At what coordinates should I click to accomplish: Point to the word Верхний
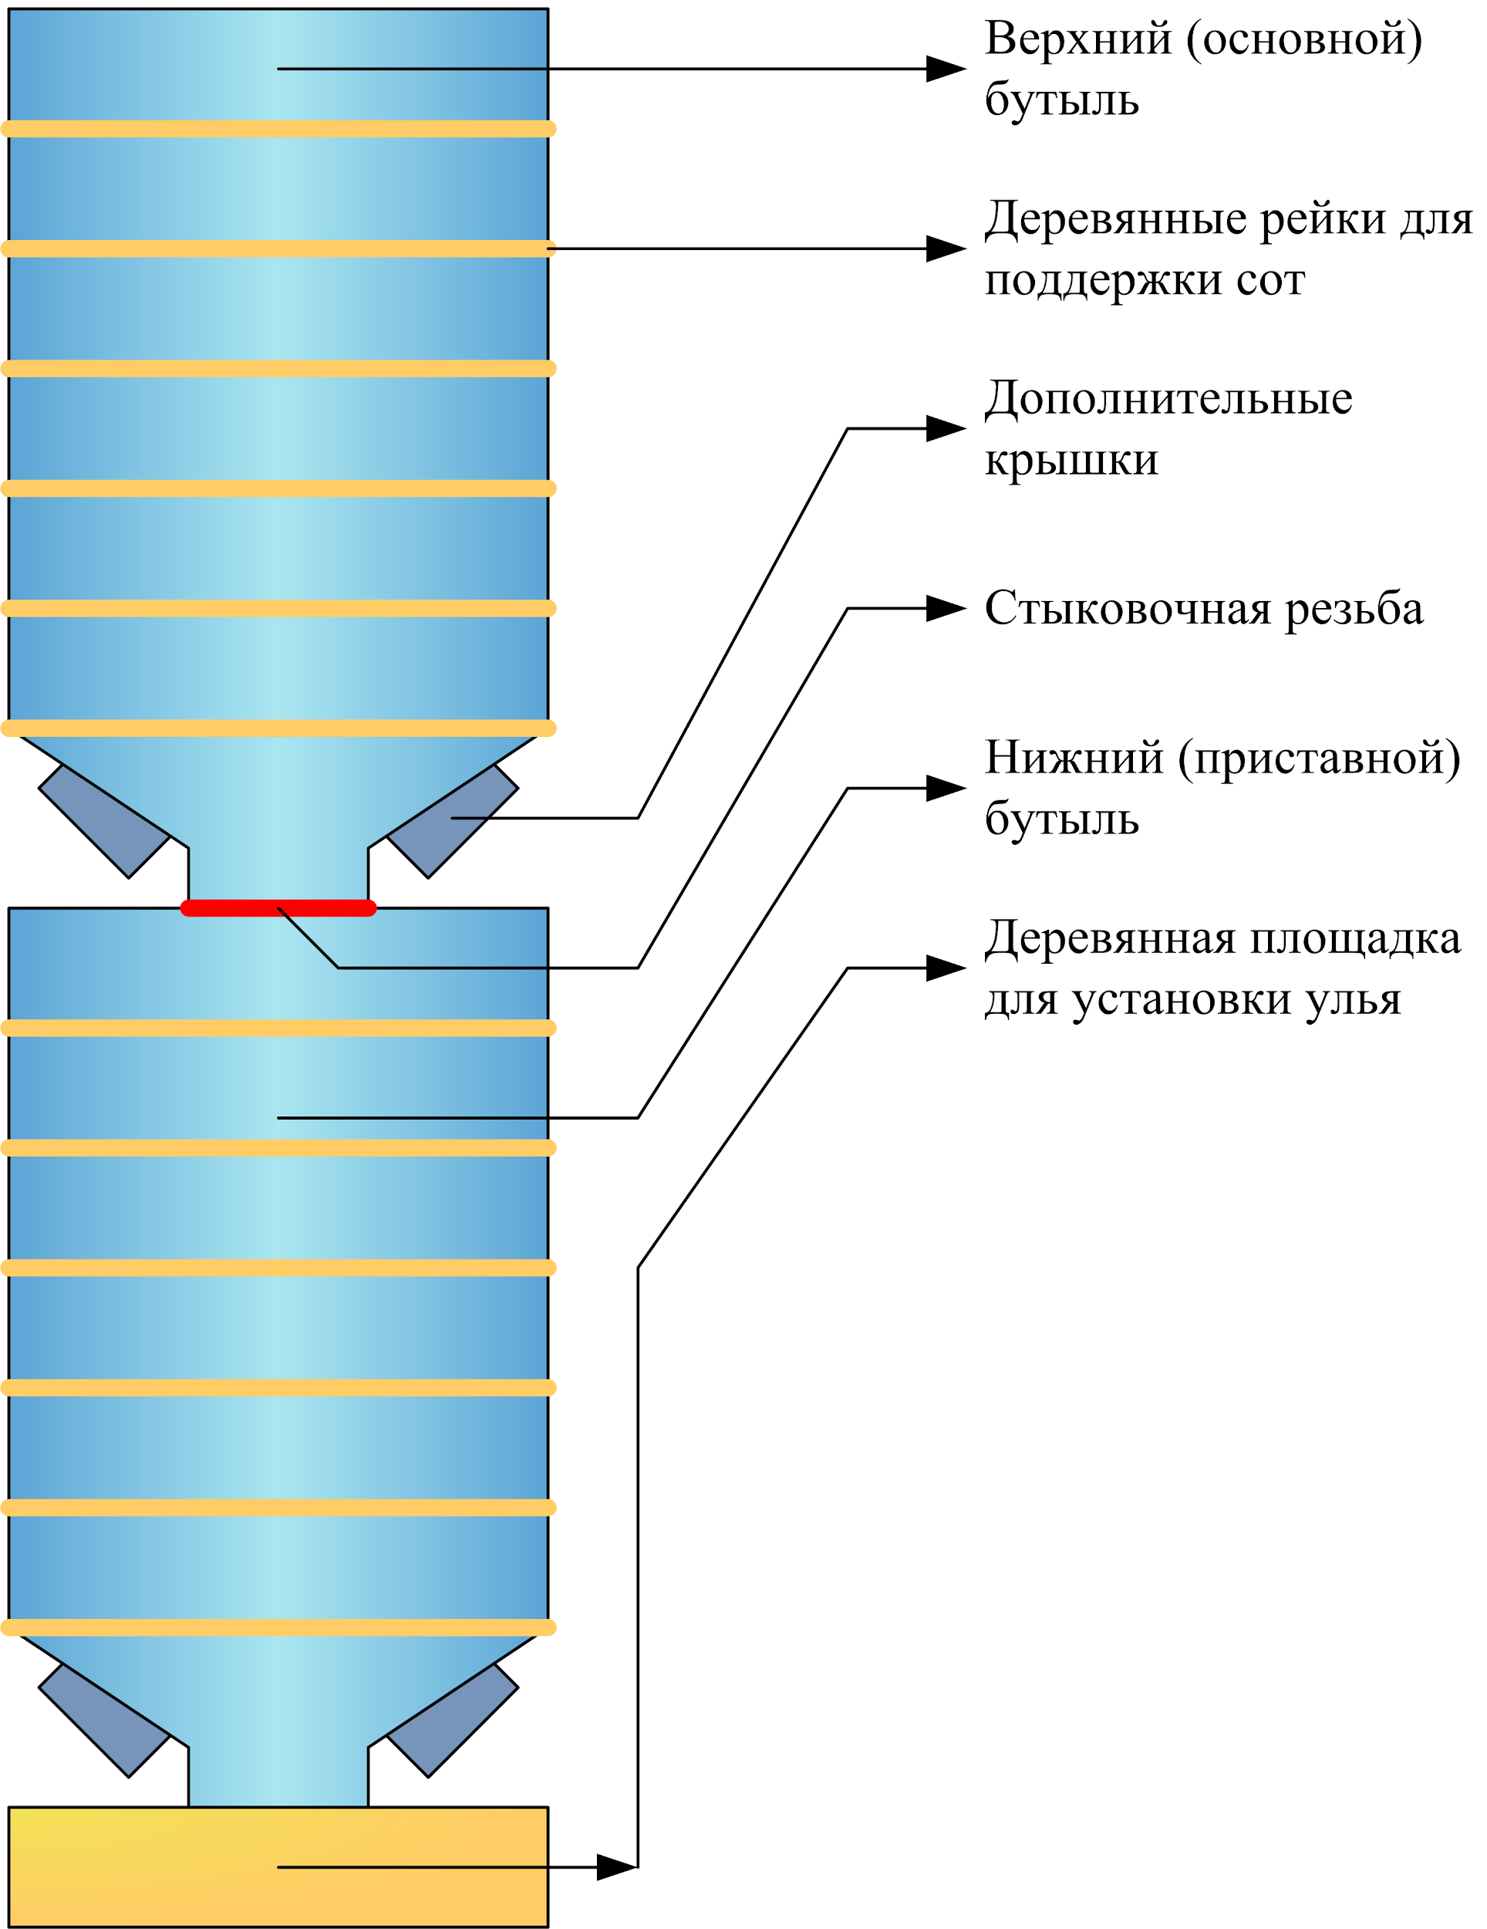[x=1078, y=41]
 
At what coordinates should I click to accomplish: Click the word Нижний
[x=1074, y=758]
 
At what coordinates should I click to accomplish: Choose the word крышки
[x=1071, y=461]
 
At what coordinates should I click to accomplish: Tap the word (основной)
[x=1304, y=41]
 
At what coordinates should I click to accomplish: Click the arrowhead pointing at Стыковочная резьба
[x=945, y=609]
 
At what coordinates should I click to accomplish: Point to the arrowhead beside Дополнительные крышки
[x=945, y=428]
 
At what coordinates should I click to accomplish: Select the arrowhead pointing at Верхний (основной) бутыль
[x=945, y=69]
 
